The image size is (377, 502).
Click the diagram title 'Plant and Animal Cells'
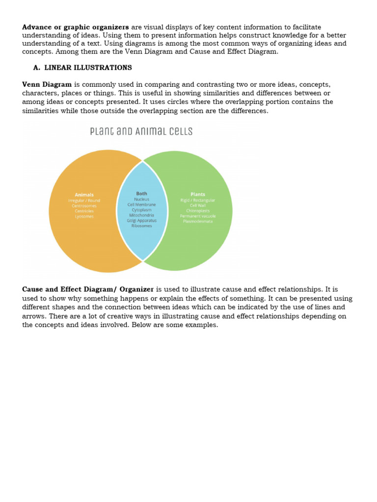141,131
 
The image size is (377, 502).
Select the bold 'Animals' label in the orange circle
84,195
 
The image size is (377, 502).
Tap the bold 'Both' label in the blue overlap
141,194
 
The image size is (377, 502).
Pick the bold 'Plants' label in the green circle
198,195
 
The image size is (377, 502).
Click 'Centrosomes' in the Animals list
84,206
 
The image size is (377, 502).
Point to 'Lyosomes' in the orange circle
84,216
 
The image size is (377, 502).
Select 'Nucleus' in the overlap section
141,200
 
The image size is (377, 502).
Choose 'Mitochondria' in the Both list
141,215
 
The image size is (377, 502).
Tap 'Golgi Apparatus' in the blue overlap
141,221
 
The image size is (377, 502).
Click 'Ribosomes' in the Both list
141,226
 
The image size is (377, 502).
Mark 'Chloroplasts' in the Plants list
198,211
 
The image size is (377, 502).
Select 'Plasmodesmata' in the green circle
198,221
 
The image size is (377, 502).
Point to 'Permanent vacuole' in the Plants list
198,216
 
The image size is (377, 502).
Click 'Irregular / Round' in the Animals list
84,201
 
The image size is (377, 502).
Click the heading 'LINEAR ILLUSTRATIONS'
88,68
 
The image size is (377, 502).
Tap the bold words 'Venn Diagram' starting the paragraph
47,84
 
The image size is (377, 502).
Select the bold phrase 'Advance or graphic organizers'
76,27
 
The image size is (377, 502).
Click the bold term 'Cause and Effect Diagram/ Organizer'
88,290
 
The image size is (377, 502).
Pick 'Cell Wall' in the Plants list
198,205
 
